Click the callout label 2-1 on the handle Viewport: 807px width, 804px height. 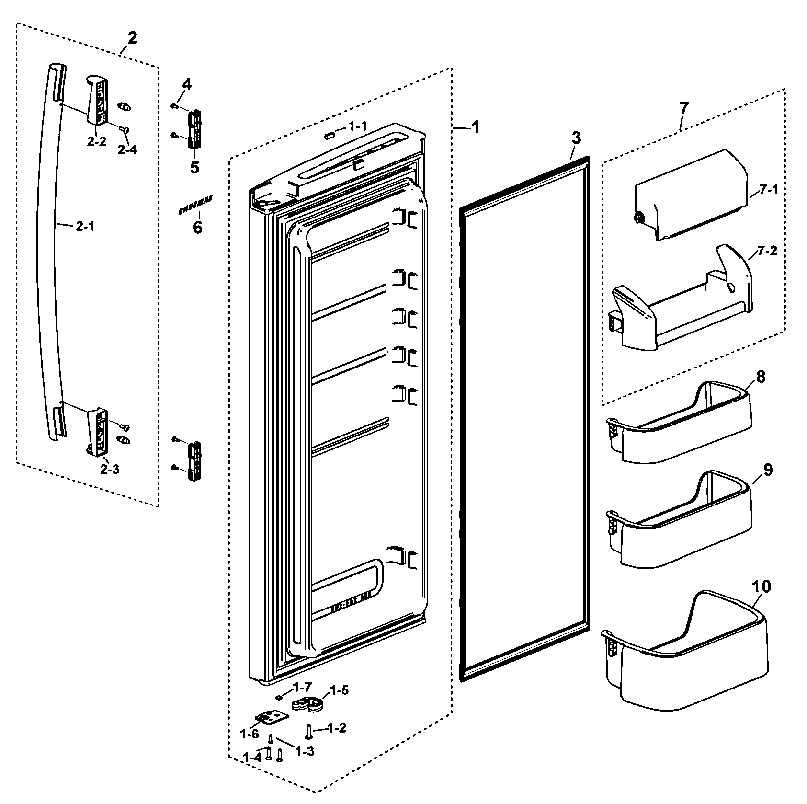pyautogui.click(x=85, y=227)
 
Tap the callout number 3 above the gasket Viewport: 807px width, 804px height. pyautogui.click(x=576, y=138)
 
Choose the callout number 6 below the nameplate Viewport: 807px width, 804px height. pyautogui.click(x=197, y=227)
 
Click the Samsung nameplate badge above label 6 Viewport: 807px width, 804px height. pyautogui.click(x=195, y=206)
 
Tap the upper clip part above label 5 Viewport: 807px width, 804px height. pyautogui.click(x=195, y=127)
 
